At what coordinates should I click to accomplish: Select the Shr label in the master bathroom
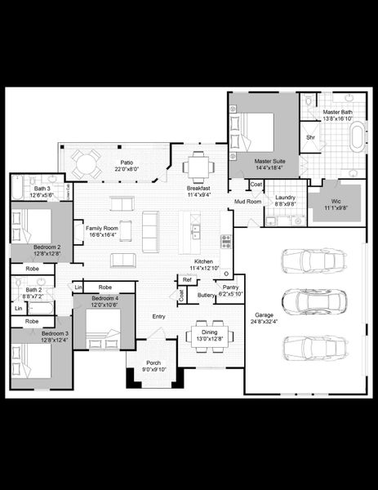[x=310, y=137]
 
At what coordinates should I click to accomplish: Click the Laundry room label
[x=285, y=198]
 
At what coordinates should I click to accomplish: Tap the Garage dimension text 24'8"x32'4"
[x=264, y=322]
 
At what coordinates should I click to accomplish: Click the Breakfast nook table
[x=198, y=164]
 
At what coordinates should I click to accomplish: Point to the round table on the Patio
[x=83, y=163]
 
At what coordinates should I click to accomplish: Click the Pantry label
[x=231, y=287]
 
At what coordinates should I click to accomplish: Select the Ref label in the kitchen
[x=187, y=280]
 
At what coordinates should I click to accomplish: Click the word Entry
[x=158, y=316]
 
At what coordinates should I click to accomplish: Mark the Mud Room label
[x=247, y=201]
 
